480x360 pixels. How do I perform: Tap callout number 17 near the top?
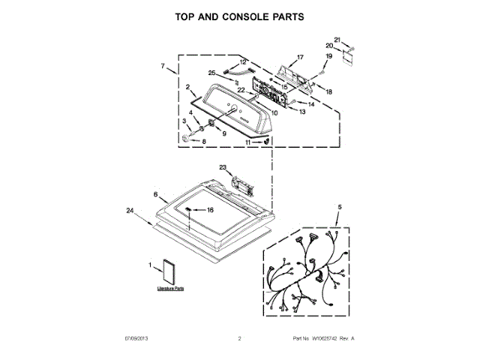pyautogui.click(x=300, y=58)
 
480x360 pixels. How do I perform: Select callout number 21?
pyautogui.click(x=337, y=39)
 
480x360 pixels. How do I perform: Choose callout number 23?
pyautogui.click(x=223, y=167)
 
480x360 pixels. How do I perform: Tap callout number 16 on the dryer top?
pyautogui.click(x=211, y=211)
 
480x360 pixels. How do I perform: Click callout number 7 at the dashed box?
pyautogui.click(x=163, y=67)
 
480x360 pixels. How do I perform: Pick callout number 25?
pyautogui.click(x=212, y=73)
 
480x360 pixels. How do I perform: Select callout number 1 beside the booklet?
pyautogui.click(x=150, y=264)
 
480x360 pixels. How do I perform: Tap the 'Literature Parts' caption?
pyautogui.click(x=170, y=288)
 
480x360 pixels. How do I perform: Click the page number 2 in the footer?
pyautogui.click(x=239, y=339)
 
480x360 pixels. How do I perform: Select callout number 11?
pyautogui.click(x=248, y=141)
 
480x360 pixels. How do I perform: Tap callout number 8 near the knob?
pyautogui.click(x=202, y=141)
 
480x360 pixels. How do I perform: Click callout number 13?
pyautogui.click(x=302, y=112)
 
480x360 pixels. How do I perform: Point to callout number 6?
pyautogui.click(x=155, y=194)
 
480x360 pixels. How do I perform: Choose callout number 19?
pyautogui.click(x=328, y=56)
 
